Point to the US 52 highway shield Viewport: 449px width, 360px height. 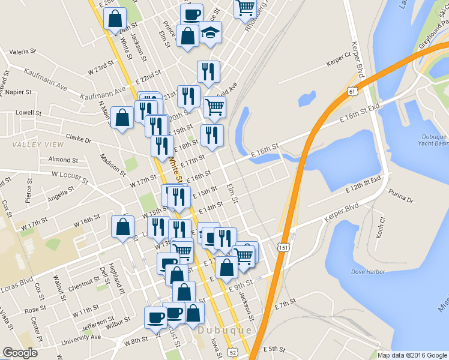point(232,352)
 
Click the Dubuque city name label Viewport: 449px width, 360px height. point(224,331)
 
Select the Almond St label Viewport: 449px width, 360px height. point(63,160)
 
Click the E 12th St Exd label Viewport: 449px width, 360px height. point(365,185)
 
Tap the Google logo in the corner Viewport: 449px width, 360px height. point(20,353)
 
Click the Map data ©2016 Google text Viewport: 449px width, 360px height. point(412,355)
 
